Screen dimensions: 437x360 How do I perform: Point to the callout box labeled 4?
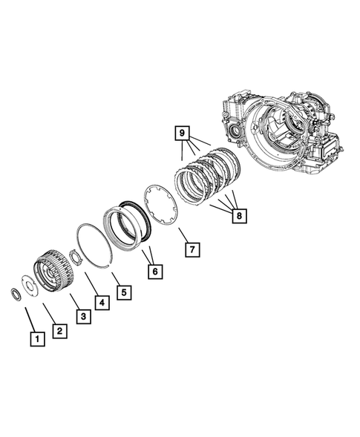(x=102, y=302)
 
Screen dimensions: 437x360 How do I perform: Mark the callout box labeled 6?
(x=154, y=272)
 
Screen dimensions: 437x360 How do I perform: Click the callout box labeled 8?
(x=239, y=216)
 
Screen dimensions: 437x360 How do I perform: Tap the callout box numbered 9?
(x=180, y=134)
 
